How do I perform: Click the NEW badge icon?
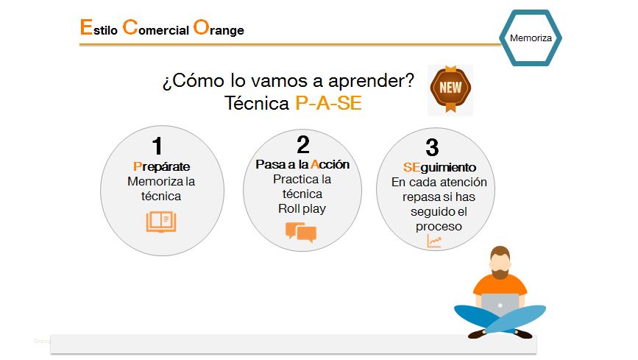point(450,89)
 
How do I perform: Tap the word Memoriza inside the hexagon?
point(531,38)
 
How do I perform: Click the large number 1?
point(157,146)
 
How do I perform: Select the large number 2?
point(303,144)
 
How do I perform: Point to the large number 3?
point(432,147)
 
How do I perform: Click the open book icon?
point(161,222)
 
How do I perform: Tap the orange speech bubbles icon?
point(301,232)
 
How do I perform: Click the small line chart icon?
point(434,241)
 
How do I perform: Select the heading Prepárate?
point(162,166)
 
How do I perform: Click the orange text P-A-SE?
point(328,103)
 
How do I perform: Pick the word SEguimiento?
point(439,167)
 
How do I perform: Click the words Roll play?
point(302,208)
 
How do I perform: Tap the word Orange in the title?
point(219,28)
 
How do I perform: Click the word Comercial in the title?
point(156,28)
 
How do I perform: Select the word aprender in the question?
point(371,81)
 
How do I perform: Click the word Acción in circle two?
point(330,164)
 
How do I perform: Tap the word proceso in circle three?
point(439,227)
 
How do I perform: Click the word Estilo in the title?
point(99,28)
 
